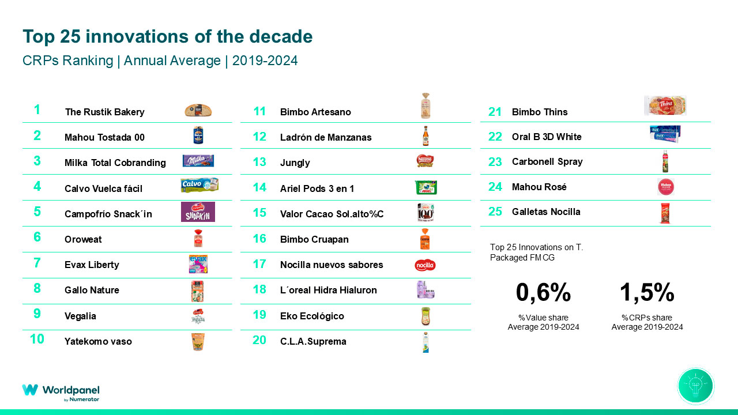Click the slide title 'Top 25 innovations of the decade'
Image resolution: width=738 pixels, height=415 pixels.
pos(167,37)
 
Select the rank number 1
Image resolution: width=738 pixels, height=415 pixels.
pos(37,110)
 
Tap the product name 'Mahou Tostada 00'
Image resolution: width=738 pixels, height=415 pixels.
pos(104,137)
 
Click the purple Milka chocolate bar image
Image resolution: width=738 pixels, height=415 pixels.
pos(198,161)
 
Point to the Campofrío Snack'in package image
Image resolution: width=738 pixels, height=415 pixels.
pos(198,212)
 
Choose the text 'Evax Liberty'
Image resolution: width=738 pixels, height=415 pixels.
pos(92,265)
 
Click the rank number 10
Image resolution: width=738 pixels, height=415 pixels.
pos(37,339)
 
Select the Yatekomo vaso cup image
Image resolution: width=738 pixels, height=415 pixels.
pos(198,341)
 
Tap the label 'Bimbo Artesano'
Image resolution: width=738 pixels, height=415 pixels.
pos(315,112)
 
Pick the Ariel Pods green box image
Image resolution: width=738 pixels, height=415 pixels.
pos(426,187)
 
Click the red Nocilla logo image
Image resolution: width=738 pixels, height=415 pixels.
pos(425,265)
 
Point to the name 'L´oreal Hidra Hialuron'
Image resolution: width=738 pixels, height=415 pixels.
pos(328,290)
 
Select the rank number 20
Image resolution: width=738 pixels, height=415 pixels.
pos(259,340)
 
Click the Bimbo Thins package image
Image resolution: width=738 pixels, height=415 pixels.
pos(665,105)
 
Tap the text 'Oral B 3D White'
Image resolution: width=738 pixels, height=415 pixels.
pos(547,137)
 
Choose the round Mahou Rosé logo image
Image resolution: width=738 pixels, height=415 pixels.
pos(665,187)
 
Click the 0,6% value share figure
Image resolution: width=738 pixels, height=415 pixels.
pos(543,293)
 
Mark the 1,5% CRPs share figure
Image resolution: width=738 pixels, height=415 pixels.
pos(647,293)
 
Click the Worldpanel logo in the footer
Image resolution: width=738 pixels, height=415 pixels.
pos(61,392)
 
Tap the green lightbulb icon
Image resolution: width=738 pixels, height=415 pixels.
pos(696,386)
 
